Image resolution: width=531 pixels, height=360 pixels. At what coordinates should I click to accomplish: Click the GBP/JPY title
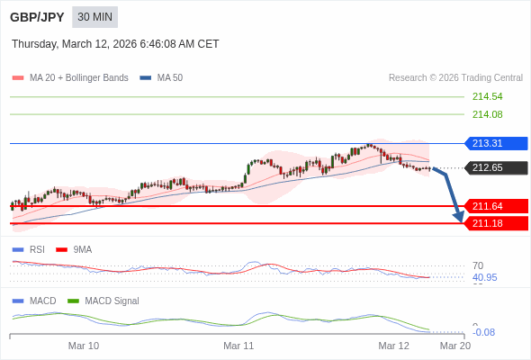(37, 17)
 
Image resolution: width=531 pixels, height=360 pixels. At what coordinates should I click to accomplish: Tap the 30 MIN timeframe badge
(94, 17)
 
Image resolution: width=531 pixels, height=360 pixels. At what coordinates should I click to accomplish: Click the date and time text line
(115, 44)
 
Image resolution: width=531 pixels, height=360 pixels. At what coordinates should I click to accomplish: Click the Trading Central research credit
(455, 78)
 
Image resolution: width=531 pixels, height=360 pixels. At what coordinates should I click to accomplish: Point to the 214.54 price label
(487, 96)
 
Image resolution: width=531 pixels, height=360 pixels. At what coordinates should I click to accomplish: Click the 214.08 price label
(487, 114)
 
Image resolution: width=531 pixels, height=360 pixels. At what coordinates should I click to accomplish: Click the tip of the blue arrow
(461, 220)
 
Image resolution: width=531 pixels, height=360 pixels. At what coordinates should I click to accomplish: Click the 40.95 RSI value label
(484, 277)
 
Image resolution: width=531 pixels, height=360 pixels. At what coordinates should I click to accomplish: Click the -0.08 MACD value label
(483, 332)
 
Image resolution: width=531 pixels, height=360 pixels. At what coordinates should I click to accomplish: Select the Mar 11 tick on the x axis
(238, 345)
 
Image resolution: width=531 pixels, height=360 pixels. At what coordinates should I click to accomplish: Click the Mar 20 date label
(454, 345)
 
